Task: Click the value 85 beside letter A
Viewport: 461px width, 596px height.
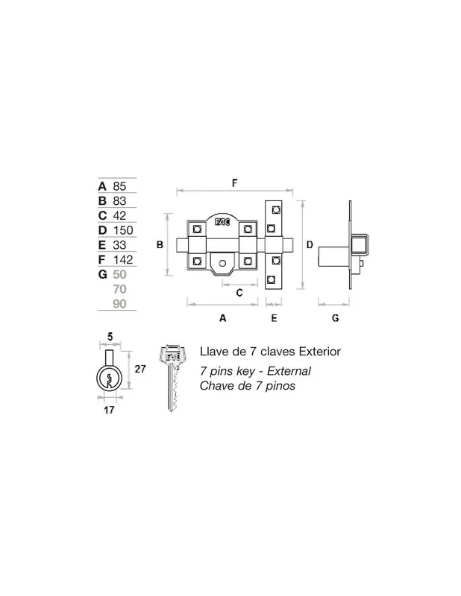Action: (119, 186)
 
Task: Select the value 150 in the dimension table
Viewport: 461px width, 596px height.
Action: (123, 230)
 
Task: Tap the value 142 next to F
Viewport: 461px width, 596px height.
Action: (123, 260)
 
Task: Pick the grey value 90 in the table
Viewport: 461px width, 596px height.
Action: (119, 304)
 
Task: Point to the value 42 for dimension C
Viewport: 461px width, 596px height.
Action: (119, 215)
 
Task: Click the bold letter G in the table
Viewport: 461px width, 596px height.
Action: (102, 274)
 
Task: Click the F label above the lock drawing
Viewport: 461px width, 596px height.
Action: (234, 183)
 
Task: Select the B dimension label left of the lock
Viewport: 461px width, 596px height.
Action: (160, 245)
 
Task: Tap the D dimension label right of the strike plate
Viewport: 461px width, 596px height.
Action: (310, 245)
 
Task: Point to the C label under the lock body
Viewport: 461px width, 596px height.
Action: (239, 293)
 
